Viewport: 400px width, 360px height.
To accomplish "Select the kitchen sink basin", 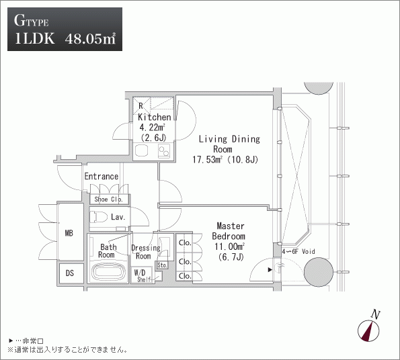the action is [141, 150].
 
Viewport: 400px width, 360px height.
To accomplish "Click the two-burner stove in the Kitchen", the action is [164, 151].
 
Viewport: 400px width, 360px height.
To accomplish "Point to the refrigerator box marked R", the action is [141, 105].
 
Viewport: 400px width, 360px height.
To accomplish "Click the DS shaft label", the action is [70, 273].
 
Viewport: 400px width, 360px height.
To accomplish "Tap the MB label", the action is [69, 233].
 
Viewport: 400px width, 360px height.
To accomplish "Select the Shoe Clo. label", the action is [108, 199].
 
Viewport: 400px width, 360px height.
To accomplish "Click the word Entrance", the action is [102, 176].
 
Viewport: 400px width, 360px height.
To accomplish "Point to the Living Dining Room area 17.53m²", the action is [207, 160].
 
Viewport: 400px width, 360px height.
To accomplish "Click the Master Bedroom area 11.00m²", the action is [229, 246].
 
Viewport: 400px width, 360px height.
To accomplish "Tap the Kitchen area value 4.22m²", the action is [152, 127].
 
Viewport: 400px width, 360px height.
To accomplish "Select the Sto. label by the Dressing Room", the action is [162, 265].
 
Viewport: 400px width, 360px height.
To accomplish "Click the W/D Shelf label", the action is [142, 276].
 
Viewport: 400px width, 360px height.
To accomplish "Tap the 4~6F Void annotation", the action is [298, 251].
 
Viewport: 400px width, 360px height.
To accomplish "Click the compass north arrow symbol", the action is [368, 330].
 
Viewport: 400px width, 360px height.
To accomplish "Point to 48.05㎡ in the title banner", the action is [91, 39].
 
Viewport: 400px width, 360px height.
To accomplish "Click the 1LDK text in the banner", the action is [35, 39].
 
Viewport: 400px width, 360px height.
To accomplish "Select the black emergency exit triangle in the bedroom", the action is [270, 270].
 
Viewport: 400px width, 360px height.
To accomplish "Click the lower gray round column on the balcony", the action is [319, 272].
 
